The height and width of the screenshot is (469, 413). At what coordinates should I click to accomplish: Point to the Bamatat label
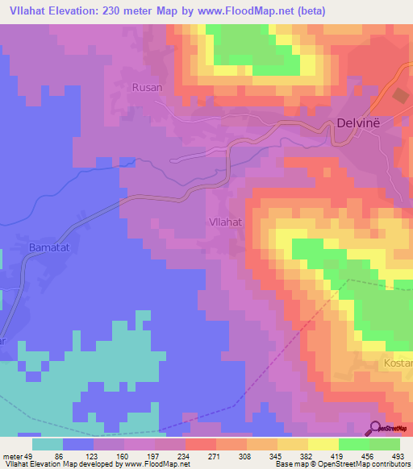[46, 245]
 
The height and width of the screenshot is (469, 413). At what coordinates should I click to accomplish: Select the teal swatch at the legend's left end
[48, 444]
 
